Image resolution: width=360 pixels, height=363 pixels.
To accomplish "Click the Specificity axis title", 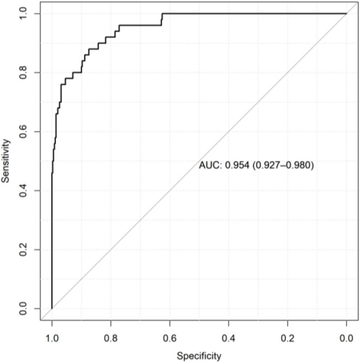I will [x=199, y=356].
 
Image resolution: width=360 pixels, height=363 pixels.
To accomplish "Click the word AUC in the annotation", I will [x=208, y=166].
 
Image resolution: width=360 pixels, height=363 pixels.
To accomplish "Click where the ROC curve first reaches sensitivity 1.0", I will [x=163, y=13].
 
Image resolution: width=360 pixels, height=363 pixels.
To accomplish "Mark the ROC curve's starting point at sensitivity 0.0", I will [x=52, y=309].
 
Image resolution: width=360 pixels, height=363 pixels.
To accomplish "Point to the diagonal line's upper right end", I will [x=346, y=13].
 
